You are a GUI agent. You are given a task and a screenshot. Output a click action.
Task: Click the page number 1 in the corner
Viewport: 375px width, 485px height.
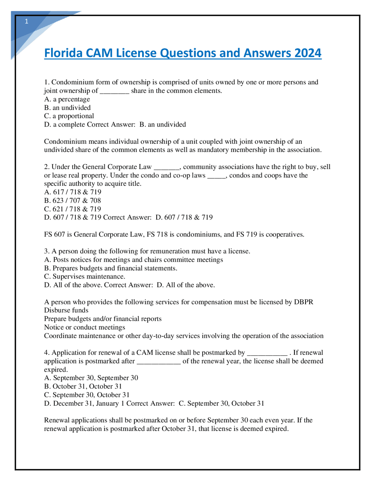point(27,21)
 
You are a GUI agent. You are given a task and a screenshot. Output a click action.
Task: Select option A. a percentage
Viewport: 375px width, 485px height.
point(67,99)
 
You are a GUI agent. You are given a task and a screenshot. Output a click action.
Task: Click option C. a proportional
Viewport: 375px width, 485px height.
point(69,116)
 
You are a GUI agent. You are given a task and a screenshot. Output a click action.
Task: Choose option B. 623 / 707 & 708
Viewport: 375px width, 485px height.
point(72,201)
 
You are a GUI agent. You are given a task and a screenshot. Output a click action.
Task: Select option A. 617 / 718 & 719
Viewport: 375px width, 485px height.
point(73,192)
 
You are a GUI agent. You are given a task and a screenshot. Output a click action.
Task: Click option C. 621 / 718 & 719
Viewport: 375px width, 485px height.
point(72,209)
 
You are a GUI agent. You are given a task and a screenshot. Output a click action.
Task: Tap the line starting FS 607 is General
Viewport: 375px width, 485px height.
point(174,235)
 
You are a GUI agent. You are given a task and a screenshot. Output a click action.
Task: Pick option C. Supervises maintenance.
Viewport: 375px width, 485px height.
point(85,277)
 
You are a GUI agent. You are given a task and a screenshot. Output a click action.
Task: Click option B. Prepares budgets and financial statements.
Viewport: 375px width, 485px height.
point(111,268)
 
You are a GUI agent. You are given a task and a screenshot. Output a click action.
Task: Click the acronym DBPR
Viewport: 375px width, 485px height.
point(304,302)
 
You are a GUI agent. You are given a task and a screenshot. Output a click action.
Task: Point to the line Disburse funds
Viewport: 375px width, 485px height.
point(66,310)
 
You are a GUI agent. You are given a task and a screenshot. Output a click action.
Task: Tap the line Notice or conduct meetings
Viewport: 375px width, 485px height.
point(85,327)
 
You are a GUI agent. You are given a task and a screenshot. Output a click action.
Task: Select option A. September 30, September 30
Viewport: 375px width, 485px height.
point(91,378)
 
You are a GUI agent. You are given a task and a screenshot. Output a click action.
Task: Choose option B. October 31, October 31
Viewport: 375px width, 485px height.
point(83,387)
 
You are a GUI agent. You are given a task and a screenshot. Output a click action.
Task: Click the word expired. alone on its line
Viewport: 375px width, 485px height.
point(56,370)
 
